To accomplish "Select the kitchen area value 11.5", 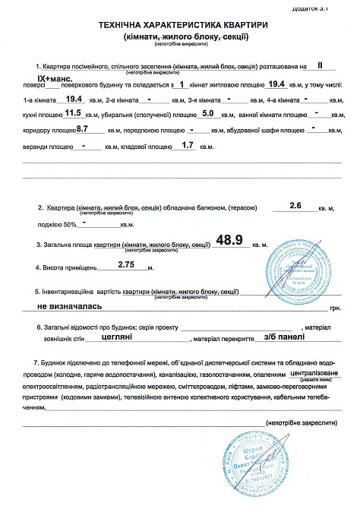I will (x=73, y=113).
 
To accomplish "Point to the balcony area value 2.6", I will (x=296, y=205).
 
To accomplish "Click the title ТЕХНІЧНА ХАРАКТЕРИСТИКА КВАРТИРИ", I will (x=179, y=25).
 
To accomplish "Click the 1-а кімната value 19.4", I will (x=74, y=99).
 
